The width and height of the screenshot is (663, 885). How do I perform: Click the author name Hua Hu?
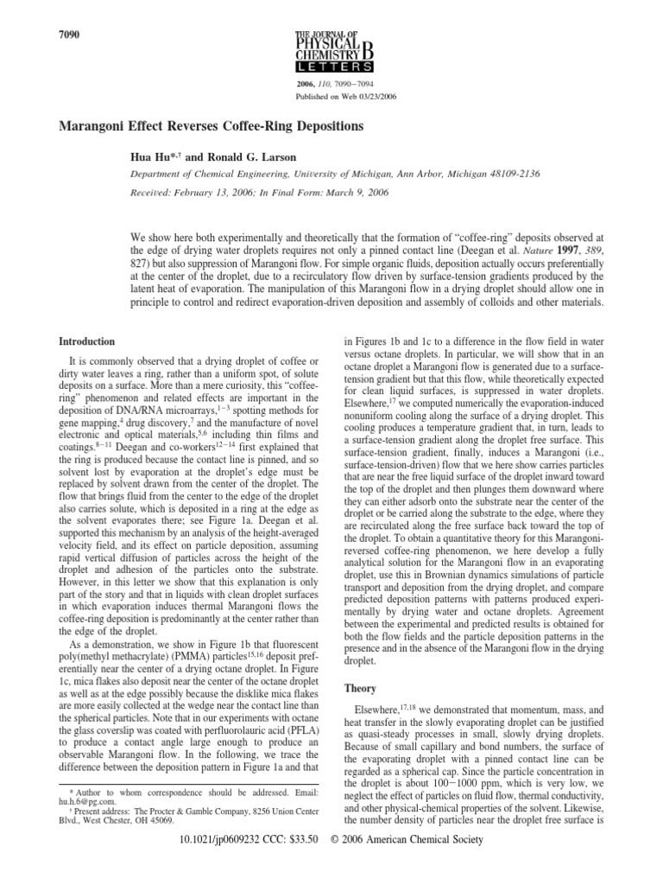148,158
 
